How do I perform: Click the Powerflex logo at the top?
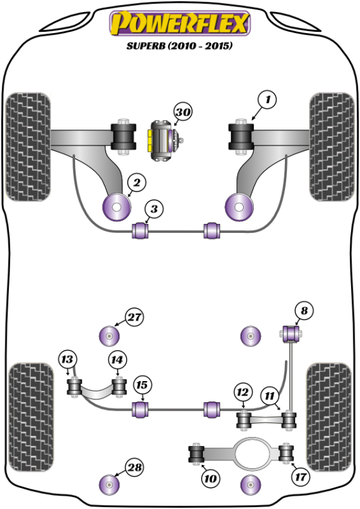(179, 24)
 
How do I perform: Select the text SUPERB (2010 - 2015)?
(179, 46)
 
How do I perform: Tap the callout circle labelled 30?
(183, 112)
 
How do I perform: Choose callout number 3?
(154, 209)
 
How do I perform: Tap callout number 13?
(68, 360)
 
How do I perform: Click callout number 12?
(242, 393)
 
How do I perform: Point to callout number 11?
(270, 396)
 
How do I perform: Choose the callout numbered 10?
(211, 478)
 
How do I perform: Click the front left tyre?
(28, 146)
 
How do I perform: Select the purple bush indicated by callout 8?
(290, 331)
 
